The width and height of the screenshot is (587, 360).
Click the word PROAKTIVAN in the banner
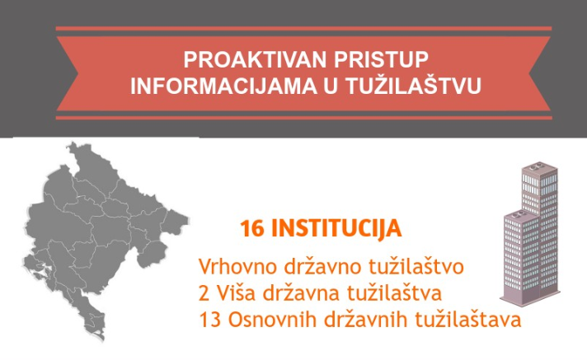256,60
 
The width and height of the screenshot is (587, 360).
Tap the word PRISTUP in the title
381,60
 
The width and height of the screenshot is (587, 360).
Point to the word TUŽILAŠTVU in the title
412,85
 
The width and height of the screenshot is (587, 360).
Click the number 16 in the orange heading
252,228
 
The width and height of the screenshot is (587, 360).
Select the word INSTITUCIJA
336,229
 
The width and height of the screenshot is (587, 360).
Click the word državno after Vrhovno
323,265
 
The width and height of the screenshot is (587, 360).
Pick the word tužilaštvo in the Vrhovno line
416,265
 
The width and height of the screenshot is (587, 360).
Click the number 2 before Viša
204,293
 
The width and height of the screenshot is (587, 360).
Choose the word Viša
236,292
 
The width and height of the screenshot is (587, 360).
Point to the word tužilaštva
394,292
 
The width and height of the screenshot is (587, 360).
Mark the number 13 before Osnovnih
210,320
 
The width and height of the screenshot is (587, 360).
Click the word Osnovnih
272,319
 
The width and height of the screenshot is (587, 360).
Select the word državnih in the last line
364,319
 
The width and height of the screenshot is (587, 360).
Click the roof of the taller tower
540,168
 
